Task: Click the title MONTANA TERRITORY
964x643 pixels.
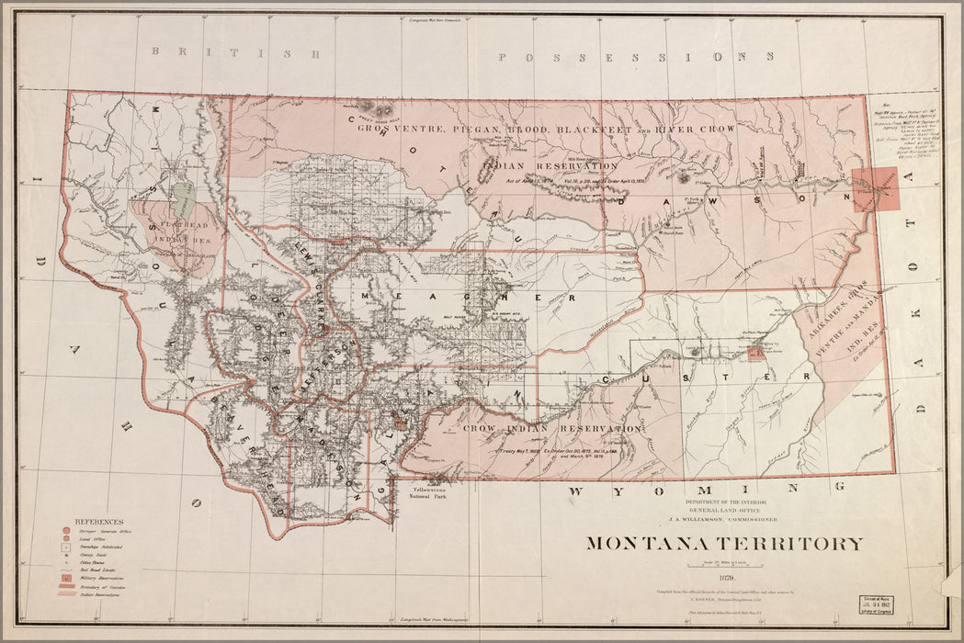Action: click(724, 543)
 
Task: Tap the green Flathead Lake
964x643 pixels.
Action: click(184, 194)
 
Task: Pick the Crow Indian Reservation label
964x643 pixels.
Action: click(551, 429)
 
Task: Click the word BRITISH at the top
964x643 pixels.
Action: click(236, 53)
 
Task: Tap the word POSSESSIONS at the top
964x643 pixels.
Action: click(636, 57)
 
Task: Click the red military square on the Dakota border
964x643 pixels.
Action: click(875, 189)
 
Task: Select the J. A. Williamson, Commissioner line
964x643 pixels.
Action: click(725, 519)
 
